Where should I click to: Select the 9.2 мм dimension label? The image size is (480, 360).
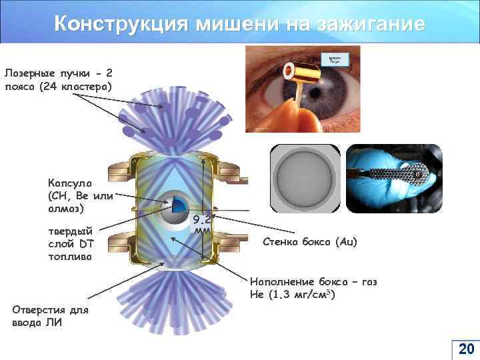coord(203,224)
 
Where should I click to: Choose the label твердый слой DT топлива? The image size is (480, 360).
coord(70,243)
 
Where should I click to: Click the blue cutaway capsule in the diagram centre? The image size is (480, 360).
coord(175,210)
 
